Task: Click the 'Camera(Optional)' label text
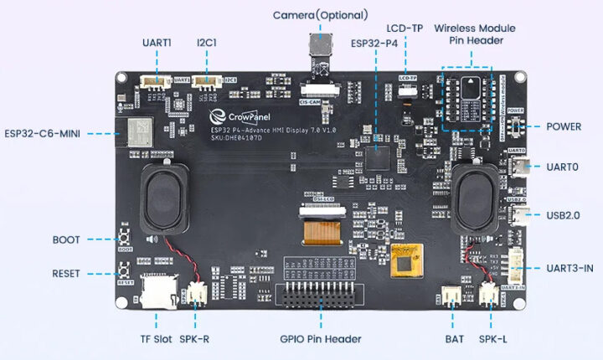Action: point(321,15)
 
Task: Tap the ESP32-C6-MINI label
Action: point(42,133)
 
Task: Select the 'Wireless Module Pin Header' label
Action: point(475,34)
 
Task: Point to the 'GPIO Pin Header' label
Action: point(321,339)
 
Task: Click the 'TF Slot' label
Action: point(155,339)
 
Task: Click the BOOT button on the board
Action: point(126,239)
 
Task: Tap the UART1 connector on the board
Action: point(155,81)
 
